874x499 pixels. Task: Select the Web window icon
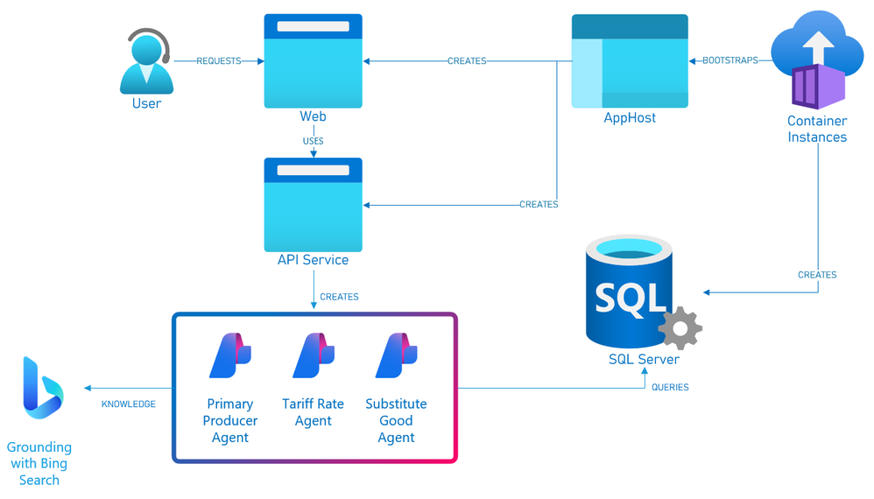pyautogui.click(x=313, y=61)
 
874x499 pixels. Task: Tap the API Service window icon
pyautogui.click(x=313, y=205)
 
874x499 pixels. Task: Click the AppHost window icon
pyautogui.click(x=630, y=61)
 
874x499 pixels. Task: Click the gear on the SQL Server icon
pyautogui.click(x=680, y=329)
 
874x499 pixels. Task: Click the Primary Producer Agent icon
pyautogui.click(x=230, y=355)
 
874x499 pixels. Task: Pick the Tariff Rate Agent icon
pyautogui.click(x=314, y=355)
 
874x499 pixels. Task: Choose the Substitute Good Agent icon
pyautogui.click(x=396, y=355)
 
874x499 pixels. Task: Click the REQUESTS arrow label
pyautogui.click(x=219, y=61)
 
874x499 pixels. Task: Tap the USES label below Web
pyautogui.click(x=313, y=141)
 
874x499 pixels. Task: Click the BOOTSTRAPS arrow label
pyautogui.click(x=730, y=61)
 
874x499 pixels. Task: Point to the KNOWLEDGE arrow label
pyautogui.click(x=129, y=404)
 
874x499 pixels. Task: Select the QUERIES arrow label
pyautogui.click(x=670, y=387)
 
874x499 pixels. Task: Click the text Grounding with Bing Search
pyautogui.click(x=39, y=464)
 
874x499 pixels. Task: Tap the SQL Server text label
pyautogui.click(x=644, y=359)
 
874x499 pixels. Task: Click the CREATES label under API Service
pyautogui.click(x=339, y=297)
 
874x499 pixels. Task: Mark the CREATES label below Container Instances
pyautogui.click(x=817, y=275)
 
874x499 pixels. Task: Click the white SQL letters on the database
pyautogui.click(x=630, y=298)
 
